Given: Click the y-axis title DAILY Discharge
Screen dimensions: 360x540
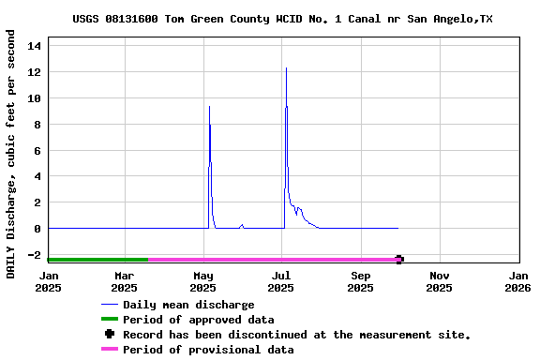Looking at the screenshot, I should pyautogui.click(x=10, y=153).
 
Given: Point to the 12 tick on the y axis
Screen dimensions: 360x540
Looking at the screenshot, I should pyautogui.click(x=35, y=72).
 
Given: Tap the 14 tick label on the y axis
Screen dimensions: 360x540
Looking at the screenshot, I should pyautogui.click(x=35, y=46).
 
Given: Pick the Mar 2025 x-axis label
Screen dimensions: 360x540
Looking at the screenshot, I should pyautogui.click(x=125, y=281).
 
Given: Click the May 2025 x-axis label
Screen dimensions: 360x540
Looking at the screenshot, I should pyautogui.click(x=203, y=281).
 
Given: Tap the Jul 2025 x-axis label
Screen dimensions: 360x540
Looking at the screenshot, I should pyautogui.click(x=281, y=281).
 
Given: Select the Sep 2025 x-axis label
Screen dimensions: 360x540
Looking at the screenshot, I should pyautogui.click(x=361, y=281).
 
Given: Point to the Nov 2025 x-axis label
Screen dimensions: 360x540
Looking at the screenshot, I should pyautogui.click(x=439, y=281).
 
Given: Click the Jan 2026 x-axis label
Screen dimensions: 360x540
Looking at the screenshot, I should pyautogui.click(x=517, y=281).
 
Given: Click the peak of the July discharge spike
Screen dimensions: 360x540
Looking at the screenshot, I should pyautogui.click(x=286, y=68).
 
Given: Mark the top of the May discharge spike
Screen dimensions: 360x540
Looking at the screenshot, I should pyautogui.click(x=209, y=107).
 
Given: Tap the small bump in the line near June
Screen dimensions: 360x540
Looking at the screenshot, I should pyautogui.click(x=242, y=225).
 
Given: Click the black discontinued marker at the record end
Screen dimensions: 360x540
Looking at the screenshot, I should pyautogui.click(x=399, y=260).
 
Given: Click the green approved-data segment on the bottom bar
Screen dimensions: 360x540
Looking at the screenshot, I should pyautogui.click(x=97, y=260).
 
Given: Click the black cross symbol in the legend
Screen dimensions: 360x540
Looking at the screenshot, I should pyautogui.click(x=110, y=335).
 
